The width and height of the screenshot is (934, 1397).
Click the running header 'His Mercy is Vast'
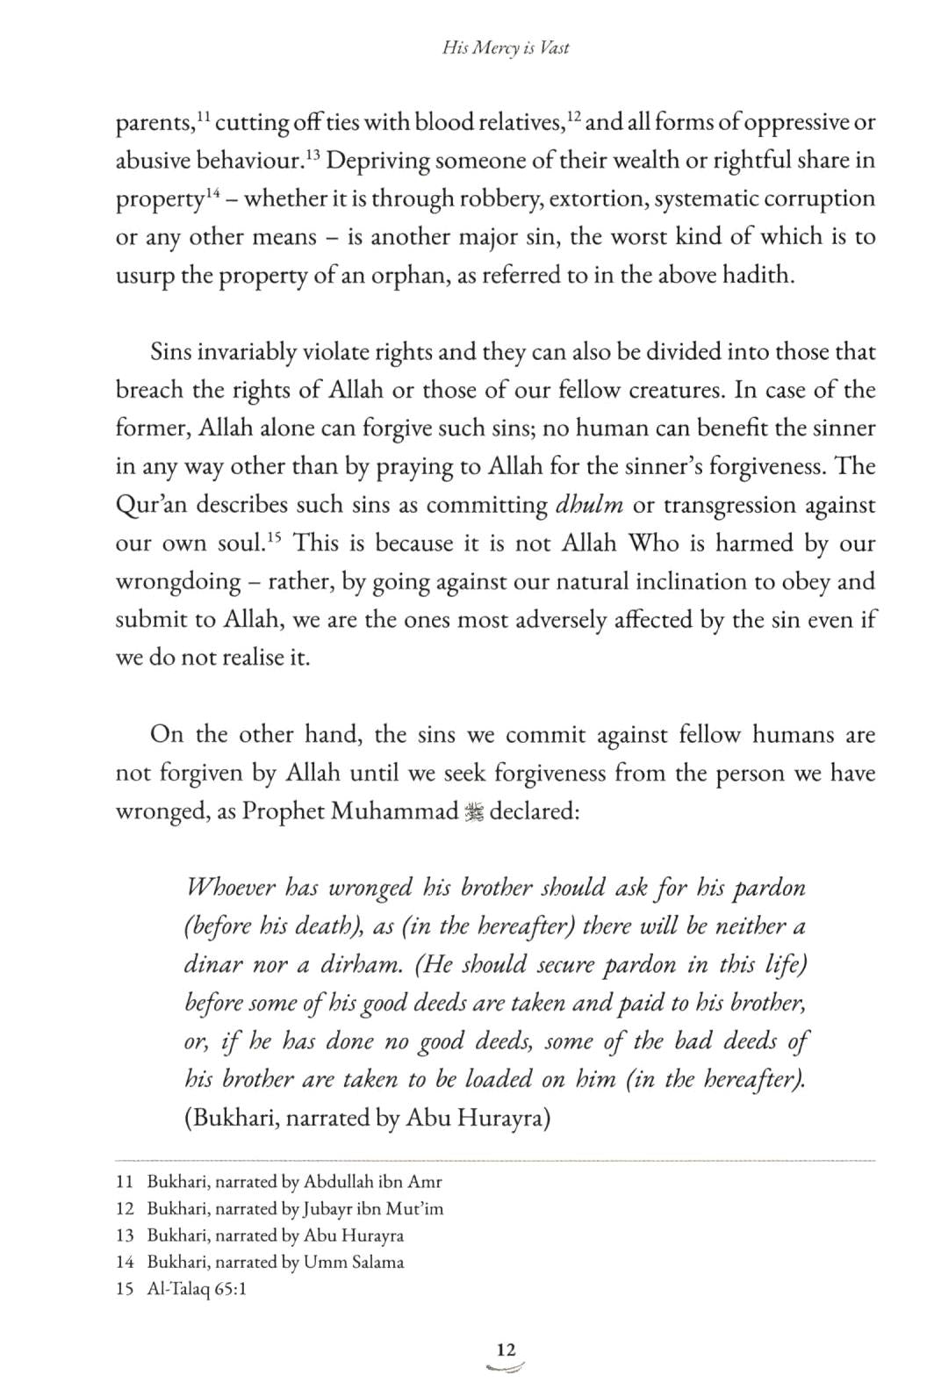coord(506,48)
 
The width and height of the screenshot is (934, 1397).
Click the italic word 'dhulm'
coord(590,505)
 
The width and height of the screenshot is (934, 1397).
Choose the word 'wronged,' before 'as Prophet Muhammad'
coord(158,811)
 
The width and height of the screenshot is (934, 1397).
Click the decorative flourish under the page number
coord(506,1368)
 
